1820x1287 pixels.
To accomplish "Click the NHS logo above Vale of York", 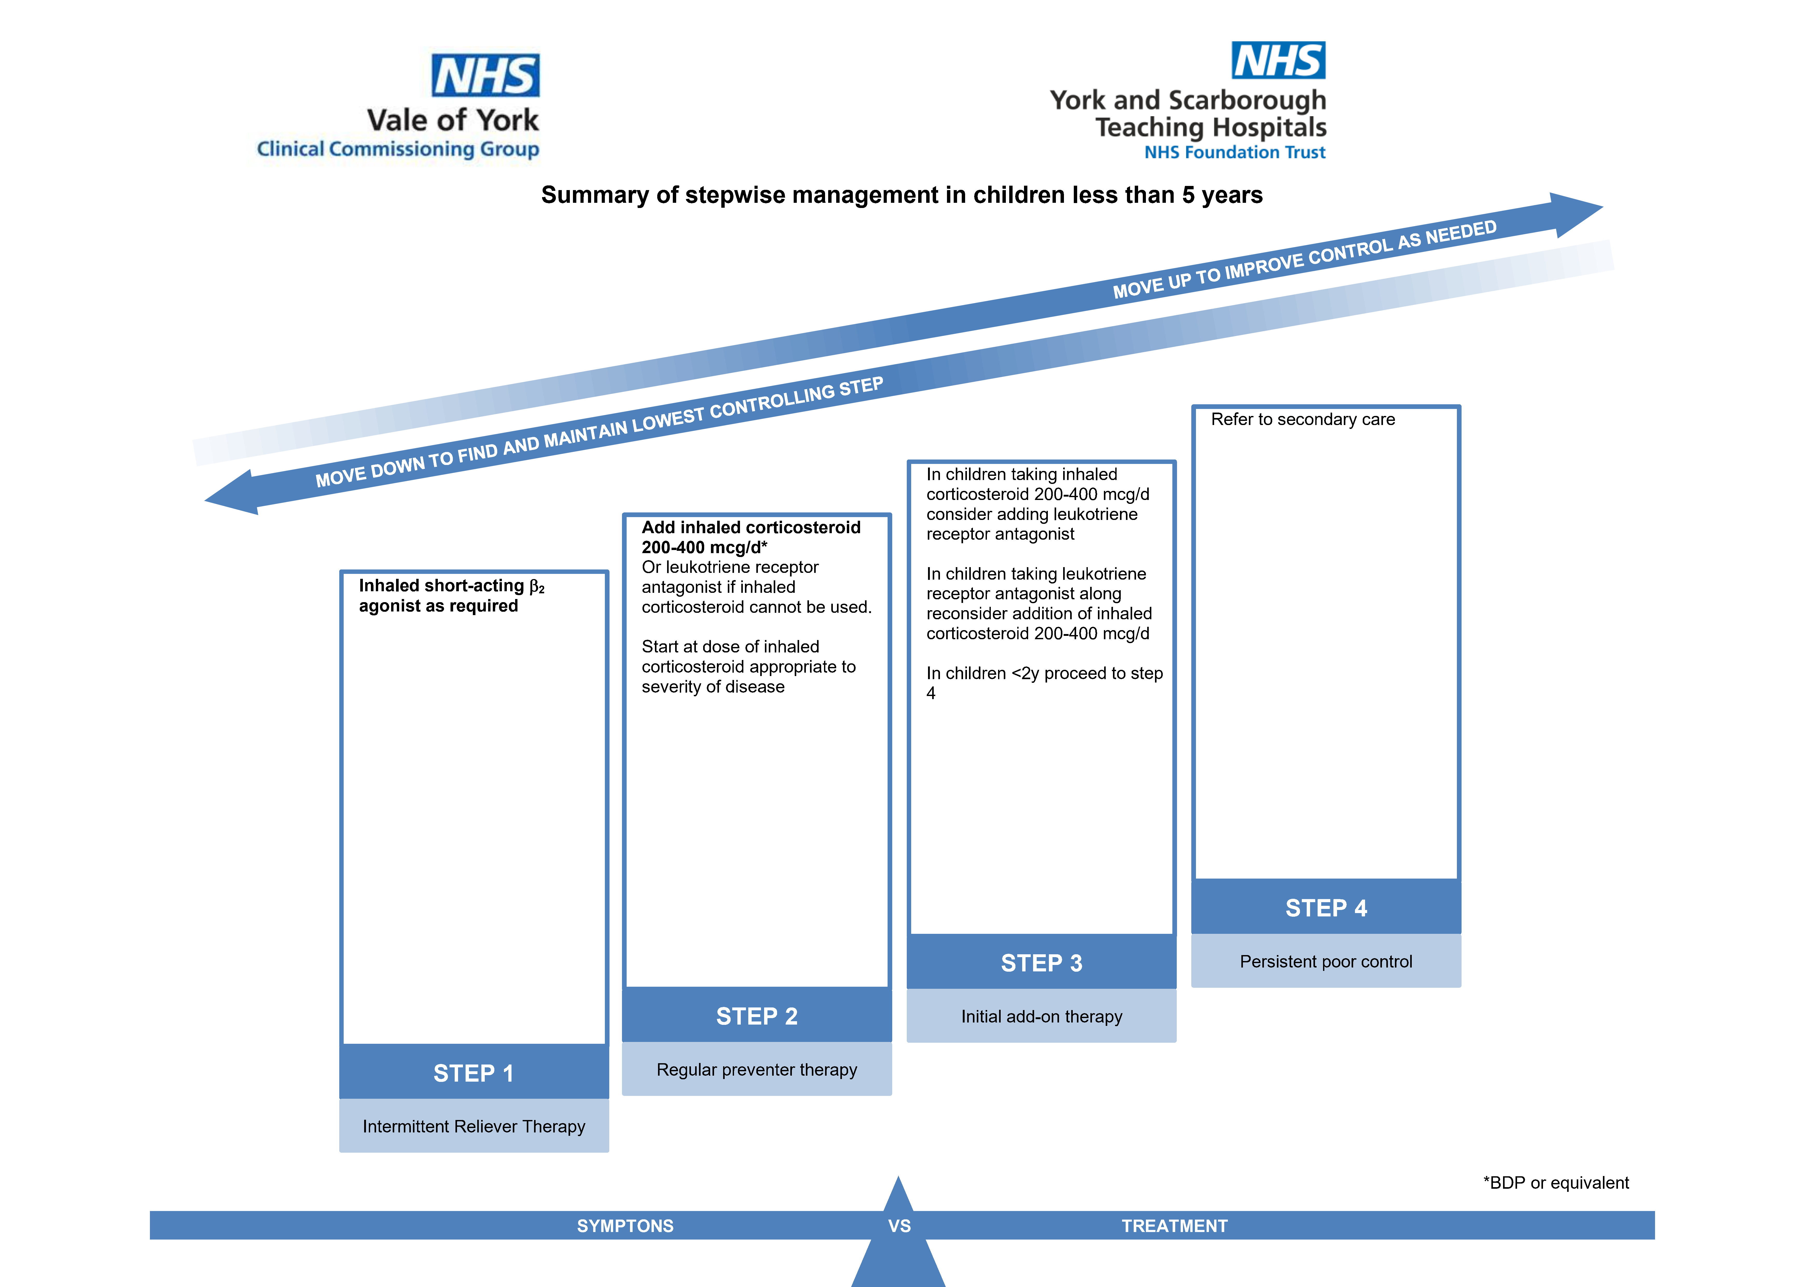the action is pyautogui.click(x=485, y=75).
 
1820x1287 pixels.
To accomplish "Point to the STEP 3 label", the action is pyautogui.click(x=1042, y=963).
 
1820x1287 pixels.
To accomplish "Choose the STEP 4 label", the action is pyautogui.click(x=1326, y=908).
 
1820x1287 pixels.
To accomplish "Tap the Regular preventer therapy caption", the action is pyautogui.click(x=757, y=1070).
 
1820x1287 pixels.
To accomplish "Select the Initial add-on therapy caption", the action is pyautogui.click(x=1042, y=1017).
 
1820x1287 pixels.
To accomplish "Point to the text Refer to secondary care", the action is pyautogui.click(x=1303, y=419).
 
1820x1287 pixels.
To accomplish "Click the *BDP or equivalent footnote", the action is pyautogui.click(x=1556, y=1183).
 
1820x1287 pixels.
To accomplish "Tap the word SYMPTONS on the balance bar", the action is pyautogui.click(x=625, y=1226).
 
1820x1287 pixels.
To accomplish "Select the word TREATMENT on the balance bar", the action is pyautogui.click(x=1175, y=1226).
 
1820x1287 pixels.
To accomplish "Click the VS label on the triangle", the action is pyautogui.click(x=900, y=1226).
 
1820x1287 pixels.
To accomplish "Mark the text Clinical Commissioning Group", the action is pyautogui.click(x=398, y=149).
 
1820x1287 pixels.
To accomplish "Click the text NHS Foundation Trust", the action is pyautogui.click(x=1235, y=152).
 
